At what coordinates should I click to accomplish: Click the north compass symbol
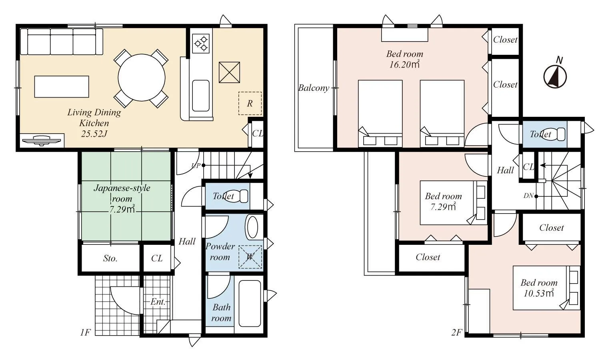(555, 76)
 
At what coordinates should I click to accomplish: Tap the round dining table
(142, 78)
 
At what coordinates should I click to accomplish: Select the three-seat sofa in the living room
(62, 42)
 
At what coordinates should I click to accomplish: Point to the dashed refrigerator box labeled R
(250, 103)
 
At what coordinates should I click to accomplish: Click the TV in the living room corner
(42, 140)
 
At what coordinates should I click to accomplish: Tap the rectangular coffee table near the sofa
(62, 86)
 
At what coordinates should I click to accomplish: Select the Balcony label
(314, 88)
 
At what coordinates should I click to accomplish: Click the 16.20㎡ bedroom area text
(404, 64)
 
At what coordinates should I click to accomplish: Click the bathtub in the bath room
(250, 304)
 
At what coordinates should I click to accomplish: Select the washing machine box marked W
(250, 257)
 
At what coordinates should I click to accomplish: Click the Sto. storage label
(110, 258)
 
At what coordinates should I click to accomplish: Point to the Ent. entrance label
(158, 302)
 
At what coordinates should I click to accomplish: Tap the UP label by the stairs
(195, 166)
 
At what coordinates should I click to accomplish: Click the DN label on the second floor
(528, 196)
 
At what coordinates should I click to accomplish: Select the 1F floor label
(85, 332)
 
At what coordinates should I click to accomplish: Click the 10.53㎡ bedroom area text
(539, 293)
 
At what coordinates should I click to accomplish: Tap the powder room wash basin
(252, 227)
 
